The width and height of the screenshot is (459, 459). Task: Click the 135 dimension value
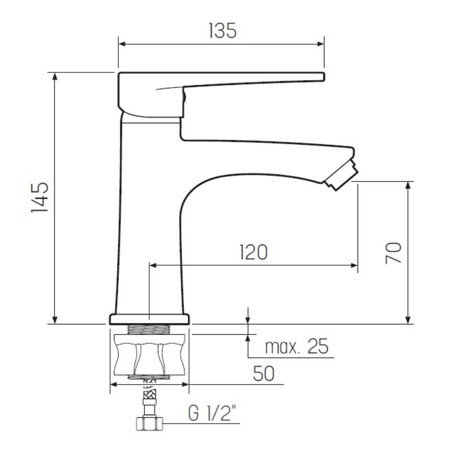tap(223, 31)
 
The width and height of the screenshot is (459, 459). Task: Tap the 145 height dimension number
tap(40, 197)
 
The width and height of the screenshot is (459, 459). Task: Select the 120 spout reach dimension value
tap(253, 252)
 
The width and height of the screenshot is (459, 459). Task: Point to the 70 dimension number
tap(393, 253)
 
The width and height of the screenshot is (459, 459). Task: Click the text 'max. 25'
tap(297, 347)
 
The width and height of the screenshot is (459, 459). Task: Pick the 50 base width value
tap(264, 374)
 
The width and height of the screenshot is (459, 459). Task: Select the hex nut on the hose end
tap(149, 424)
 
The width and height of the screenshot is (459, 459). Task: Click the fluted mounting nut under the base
tap(149, 355)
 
